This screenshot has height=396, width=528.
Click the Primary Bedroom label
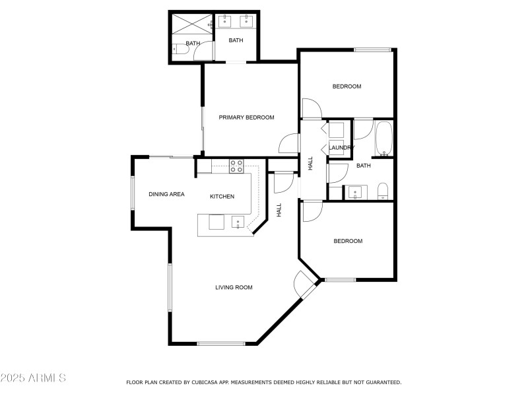[x=246, y=117]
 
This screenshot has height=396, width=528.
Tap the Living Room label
[x=234, y=287]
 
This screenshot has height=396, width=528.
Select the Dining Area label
[x=166, y=194]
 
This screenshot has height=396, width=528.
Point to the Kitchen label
[x=222, y=196]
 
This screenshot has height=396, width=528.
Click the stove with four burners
[x=236, y=166]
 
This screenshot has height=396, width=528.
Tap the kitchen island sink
[x=238, y=222]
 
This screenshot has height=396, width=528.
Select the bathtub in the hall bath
[x=384, y=138]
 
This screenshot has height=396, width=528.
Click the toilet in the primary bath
[x=175, y=48]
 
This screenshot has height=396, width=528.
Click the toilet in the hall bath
[x=383, y=191]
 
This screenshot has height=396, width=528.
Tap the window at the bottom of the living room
[x=221, y=343]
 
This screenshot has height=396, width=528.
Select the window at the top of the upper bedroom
[x=372, y=49]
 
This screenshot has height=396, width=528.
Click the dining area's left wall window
[x=133, y=194]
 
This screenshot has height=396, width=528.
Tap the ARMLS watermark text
[x=33, y=378]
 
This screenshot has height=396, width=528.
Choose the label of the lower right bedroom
[x=348, y=241]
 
